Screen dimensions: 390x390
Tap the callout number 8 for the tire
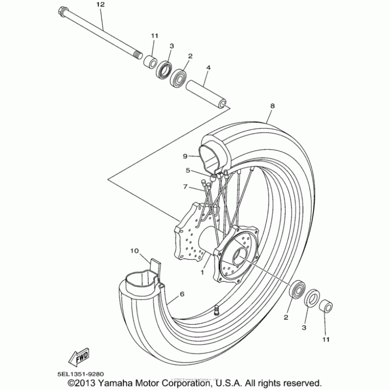click(272, 105)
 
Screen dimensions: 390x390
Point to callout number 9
click(185, 156)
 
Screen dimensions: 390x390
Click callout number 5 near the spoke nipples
click(188, 171)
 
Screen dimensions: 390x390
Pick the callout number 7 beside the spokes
click(185, 187)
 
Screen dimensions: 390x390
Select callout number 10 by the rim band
click(135, 251)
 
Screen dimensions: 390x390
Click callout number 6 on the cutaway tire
click(182, 294)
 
